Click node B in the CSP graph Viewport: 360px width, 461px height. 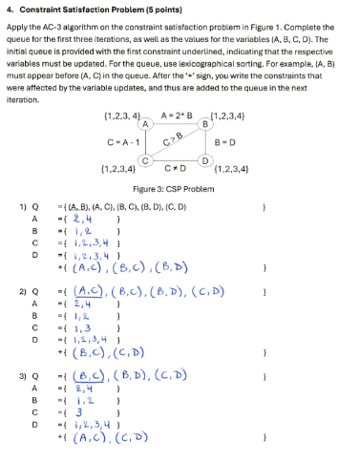(205, 123)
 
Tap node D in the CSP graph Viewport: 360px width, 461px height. (205, 158)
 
